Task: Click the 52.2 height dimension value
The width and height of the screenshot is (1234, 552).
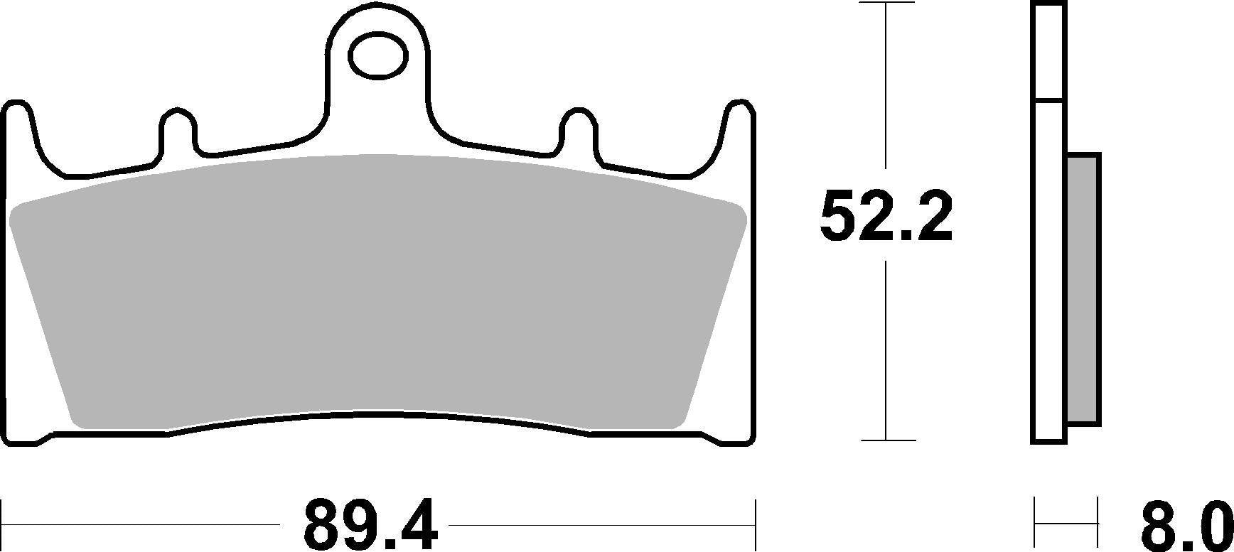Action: (885, 216)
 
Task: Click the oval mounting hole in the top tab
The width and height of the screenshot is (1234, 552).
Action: (378, 55)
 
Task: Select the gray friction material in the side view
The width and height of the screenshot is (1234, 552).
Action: (1083, 290)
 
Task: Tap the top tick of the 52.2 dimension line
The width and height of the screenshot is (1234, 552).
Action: (886, 3)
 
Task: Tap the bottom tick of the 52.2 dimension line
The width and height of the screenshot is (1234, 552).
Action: (886, 440)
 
